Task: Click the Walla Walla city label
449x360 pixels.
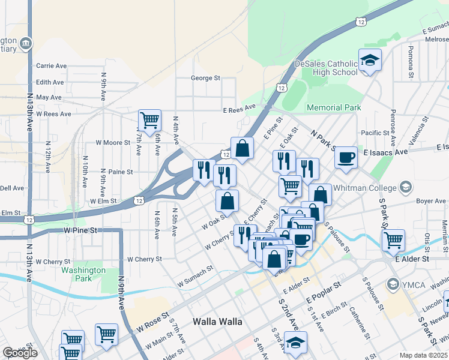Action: [217, 322]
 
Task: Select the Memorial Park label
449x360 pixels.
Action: [334, 108]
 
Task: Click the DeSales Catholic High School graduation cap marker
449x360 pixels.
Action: [370, 60]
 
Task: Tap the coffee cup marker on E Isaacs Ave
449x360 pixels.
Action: [346, 157]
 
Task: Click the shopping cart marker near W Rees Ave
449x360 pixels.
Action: [149, 120]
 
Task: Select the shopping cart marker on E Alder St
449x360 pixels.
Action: [393, 240]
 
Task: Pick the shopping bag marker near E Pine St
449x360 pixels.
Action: [242, 148]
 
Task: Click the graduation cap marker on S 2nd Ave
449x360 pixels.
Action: [295, 343]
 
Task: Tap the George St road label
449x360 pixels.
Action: [206, 78]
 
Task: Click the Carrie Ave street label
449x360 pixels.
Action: [51, 66]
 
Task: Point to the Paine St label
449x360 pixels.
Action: [120, 172]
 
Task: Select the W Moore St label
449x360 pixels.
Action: [113, 143]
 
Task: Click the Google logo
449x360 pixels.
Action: [20, 353]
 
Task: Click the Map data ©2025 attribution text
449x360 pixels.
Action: [424, 355]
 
